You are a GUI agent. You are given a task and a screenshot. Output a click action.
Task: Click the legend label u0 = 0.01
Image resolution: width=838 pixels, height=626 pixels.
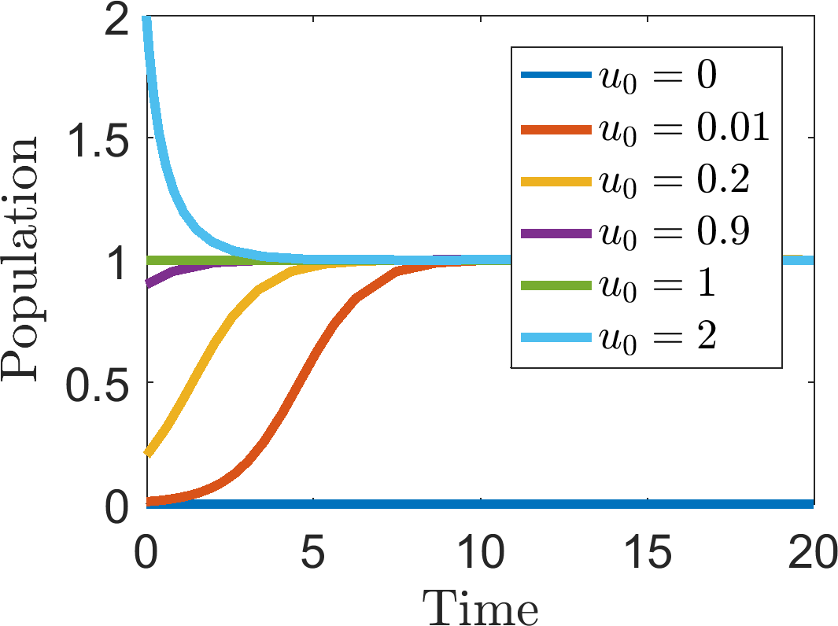[684, 129]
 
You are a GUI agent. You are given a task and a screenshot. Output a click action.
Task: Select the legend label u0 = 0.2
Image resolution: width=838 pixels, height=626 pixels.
[674, 181]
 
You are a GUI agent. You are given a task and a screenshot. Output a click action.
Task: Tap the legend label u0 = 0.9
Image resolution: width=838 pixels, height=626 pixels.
[674, 233]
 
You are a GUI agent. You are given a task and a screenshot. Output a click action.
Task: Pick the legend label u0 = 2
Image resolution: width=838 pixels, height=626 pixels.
[657, 337]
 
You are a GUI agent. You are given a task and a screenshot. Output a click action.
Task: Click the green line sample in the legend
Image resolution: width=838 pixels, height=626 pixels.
[556, 285]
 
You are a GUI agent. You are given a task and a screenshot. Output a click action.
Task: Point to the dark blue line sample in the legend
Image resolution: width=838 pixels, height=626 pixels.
[556, 75]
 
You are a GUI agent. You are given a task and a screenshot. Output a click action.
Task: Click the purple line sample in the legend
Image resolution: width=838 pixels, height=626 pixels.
[556, 234]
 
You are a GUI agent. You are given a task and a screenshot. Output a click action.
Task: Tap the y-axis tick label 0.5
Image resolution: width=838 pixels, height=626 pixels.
[98, 383]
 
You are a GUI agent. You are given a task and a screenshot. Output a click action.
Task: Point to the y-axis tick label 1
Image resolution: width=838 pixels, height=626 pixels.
[117, 260]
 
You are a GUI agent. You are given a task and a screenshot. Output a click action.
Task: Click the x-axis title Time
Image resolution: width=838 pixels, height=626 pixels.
[481, 606]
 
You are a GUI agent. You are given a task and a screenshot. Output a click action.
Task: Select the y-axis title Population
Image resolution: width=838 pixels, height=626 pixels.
[20, 259]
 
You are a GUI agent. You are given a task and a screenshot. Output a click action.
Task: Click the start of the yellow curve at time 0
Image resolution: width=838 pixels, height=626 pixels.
[148, 454]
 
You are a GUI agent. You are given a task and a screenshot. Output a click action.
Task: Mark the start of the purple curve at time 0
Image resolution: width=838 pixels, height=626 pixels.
[148, 284]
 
